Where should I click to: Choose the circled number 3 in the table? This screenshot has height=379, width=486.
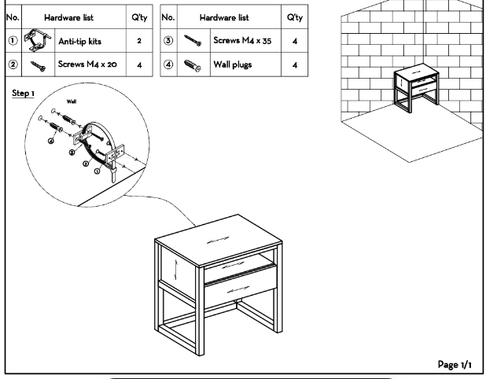(168, 39)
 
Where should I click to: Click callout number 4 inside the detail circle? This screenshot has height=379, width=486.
(52, 141)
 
